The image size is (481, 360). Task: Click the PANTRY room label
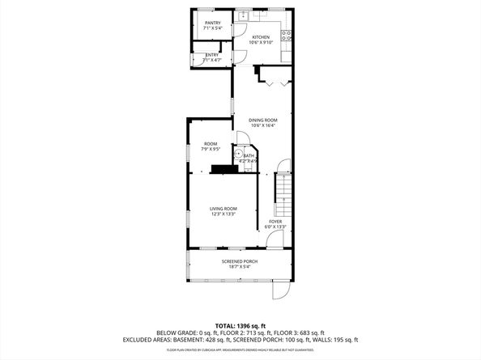coord(213,23)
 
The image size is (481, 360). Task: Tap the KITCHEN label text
coord(261,37)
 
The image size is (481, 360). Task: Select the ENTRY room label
coord(212,54)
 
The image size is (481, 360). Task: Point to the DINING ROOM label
coord(263,120)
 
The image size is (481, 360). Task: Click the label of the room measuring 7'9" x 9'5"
coord(211,143)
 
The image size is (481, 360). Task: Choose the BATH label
coord(249,155)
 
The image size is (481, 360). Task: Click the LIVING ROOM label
coord(223,209)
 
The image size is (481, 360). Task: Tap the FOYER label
coord(275,221)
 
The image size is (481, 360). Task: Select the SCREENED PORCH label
coord(240,261)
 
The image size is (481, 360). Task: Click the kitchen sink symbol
coord(243,15)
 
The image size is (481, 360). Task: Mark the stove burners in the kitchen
coord(286,35)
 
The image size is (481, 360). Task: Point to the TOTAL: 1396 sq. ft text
coord(240,324)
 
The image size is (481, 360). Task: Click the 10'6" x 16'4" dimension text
coord(263,125)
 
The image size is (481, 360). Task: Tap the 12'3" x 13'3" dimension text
coord(223,214)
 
